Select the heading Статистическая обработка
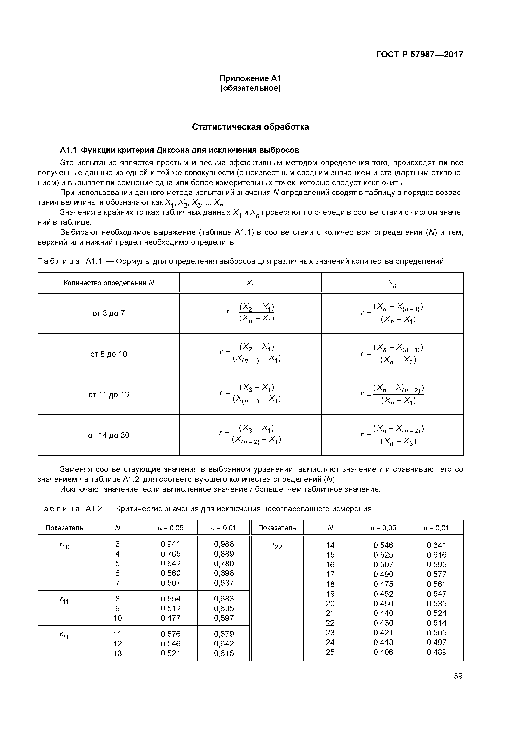(x=250, y=127)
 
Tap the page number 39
(x=458, y=676)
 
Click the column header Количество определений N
(x=109, y=283)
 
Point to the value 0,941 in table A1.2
(x=171, y=544)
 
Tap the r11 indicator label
(x=64, y=600)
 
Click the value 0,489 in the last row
(x=436, y=652)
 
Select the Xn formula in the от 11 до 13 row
(x=392, y=394)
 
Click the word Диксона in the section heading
(x=173, y=150)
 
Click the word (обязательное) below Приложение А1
(x=250, y=88)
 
